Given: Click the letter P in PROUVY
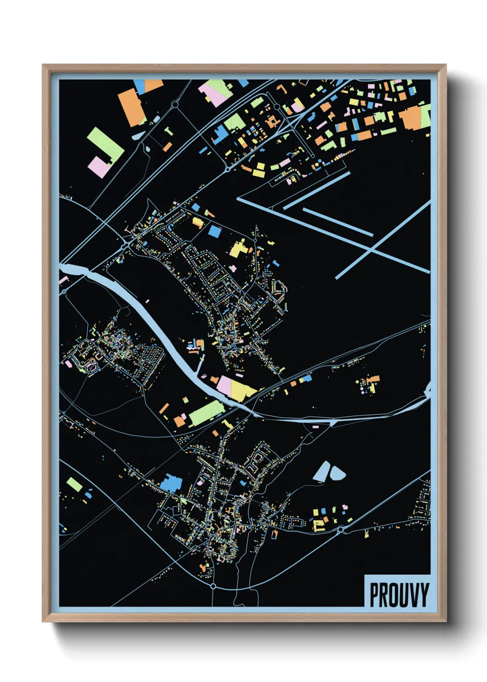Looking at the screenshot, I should pyautogui.click(x=375, y=595).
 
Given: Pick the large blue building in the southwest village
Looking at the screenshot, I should pyautogui.click(x=172, y=483).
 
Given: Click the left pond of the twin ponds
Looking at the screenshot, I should pyautogui.click(x=323, y=471).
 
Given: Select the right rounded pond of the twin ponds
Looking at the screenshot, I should pyautogui.click(x=337, y=473).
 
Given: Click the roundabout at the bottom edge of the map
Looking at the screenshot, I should pyautogui.click(x=213, y=586).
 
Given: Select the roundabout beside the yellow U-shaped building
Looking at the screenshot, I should pyautogui.click(x=341, y=530).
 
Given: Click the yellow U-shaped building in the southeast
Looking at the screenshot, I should pyautogui.click(x=318, y=525).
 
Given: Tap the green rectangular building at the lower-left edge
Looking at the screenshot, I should pyautogui.click(x=75, y=484).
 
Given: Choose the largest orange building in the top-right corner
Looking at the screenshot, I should pyautogui.click(x=411, y=118).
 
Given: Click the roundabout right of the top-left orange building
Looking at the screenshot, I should pyautogui.click(x=175, y=105).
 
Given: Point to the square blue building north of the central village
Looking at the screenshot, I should pyautogui.click(x=215, y=231).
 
